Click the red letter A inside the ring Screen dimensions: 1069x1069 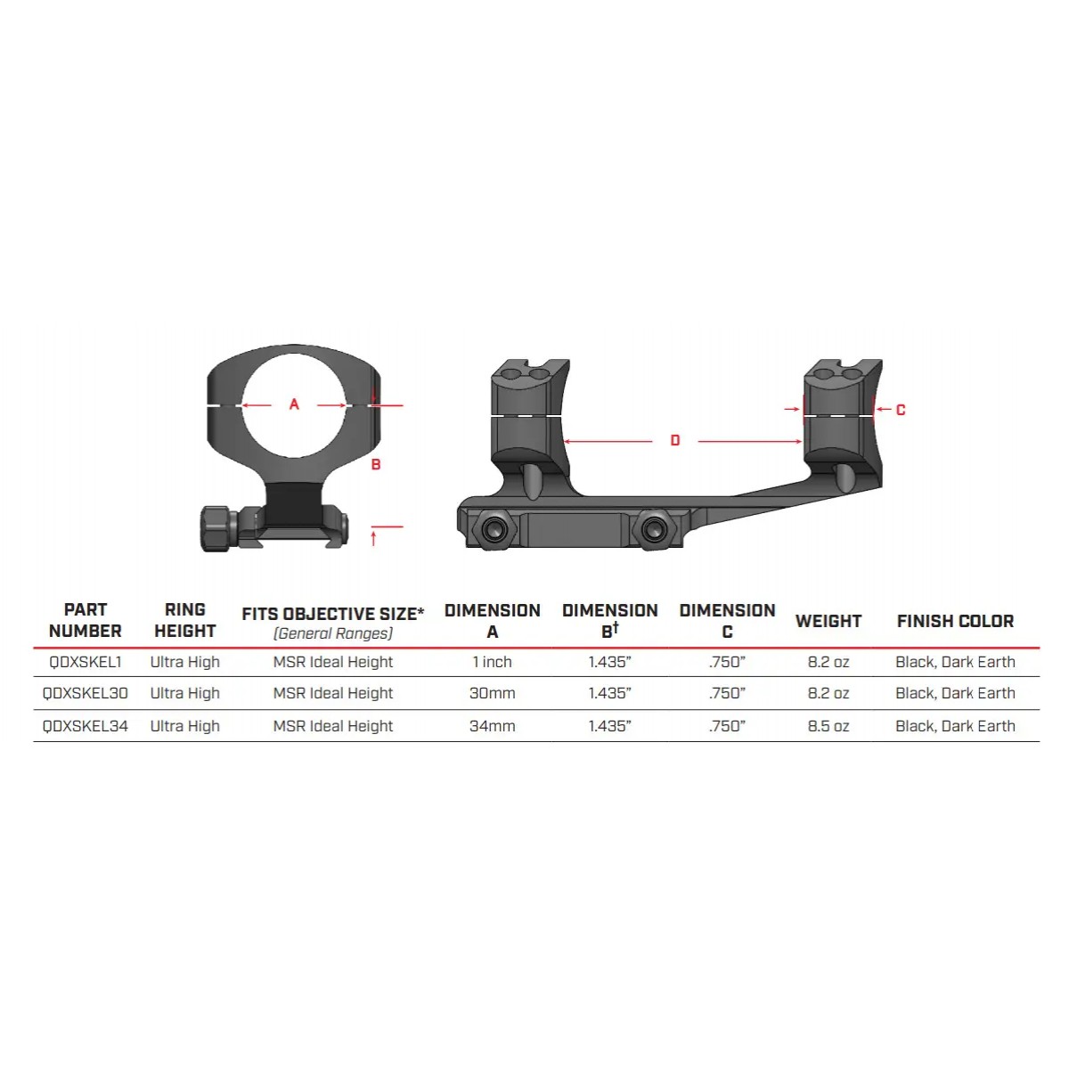(295, 404)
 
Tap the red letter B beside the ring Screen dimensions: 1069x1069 (376, 464)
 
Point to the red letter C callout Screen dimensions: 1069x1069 (901, 410)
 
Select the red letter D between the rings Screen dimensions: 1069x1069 (675, 441)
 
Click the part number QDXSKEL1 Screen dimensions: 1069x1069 (86, 662)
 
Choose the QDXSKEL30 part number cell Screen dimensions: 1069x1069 (86, 693)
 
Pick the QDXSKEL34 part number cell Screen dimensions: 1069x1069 (86, 726)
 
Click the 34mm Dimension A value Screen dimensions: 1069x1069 (493, 726)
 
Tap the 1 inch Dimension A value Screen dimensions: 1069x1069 (493, 662)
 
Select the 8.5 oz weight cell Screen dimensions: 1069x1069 (828, 726)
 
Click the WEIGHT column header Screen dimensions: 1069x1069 (828, 621)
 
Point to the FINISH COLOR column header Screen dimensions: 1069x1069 (955, 621)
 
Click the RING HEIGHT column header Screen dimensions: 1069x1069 (185, 620)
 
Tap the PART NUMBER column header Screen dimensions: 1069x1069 (86, 620)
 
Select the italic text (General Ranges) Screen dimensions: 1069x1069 (333, 633)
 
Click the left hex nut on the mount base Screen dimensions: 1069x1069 (492, 530)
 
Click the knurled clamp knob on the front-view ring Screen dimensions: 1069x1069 (217, 528)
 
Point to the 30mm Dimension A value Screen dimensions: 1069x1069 (493, 693)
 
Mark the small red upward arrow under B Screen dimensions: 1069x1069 (374, 537)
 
